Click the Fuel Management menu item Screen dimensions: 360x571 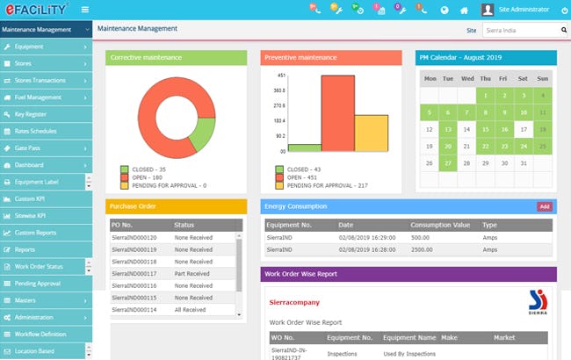point(38,97)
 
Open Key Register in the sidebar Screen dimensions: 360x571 point(32,113)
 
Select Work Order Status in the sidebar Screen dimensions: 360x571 point(39,266)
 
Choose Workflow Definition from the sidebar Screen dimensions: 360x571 point(40,334)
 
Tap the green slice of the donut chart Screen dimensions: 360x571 point(204,133)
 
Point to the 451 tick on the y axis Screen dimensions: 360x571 point(280,75)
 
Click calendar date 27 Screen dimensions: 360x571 point(448,162)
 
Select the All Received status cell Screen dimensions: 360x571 point(191,309)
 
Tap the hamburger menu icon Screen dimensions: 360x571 point(84,11)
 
